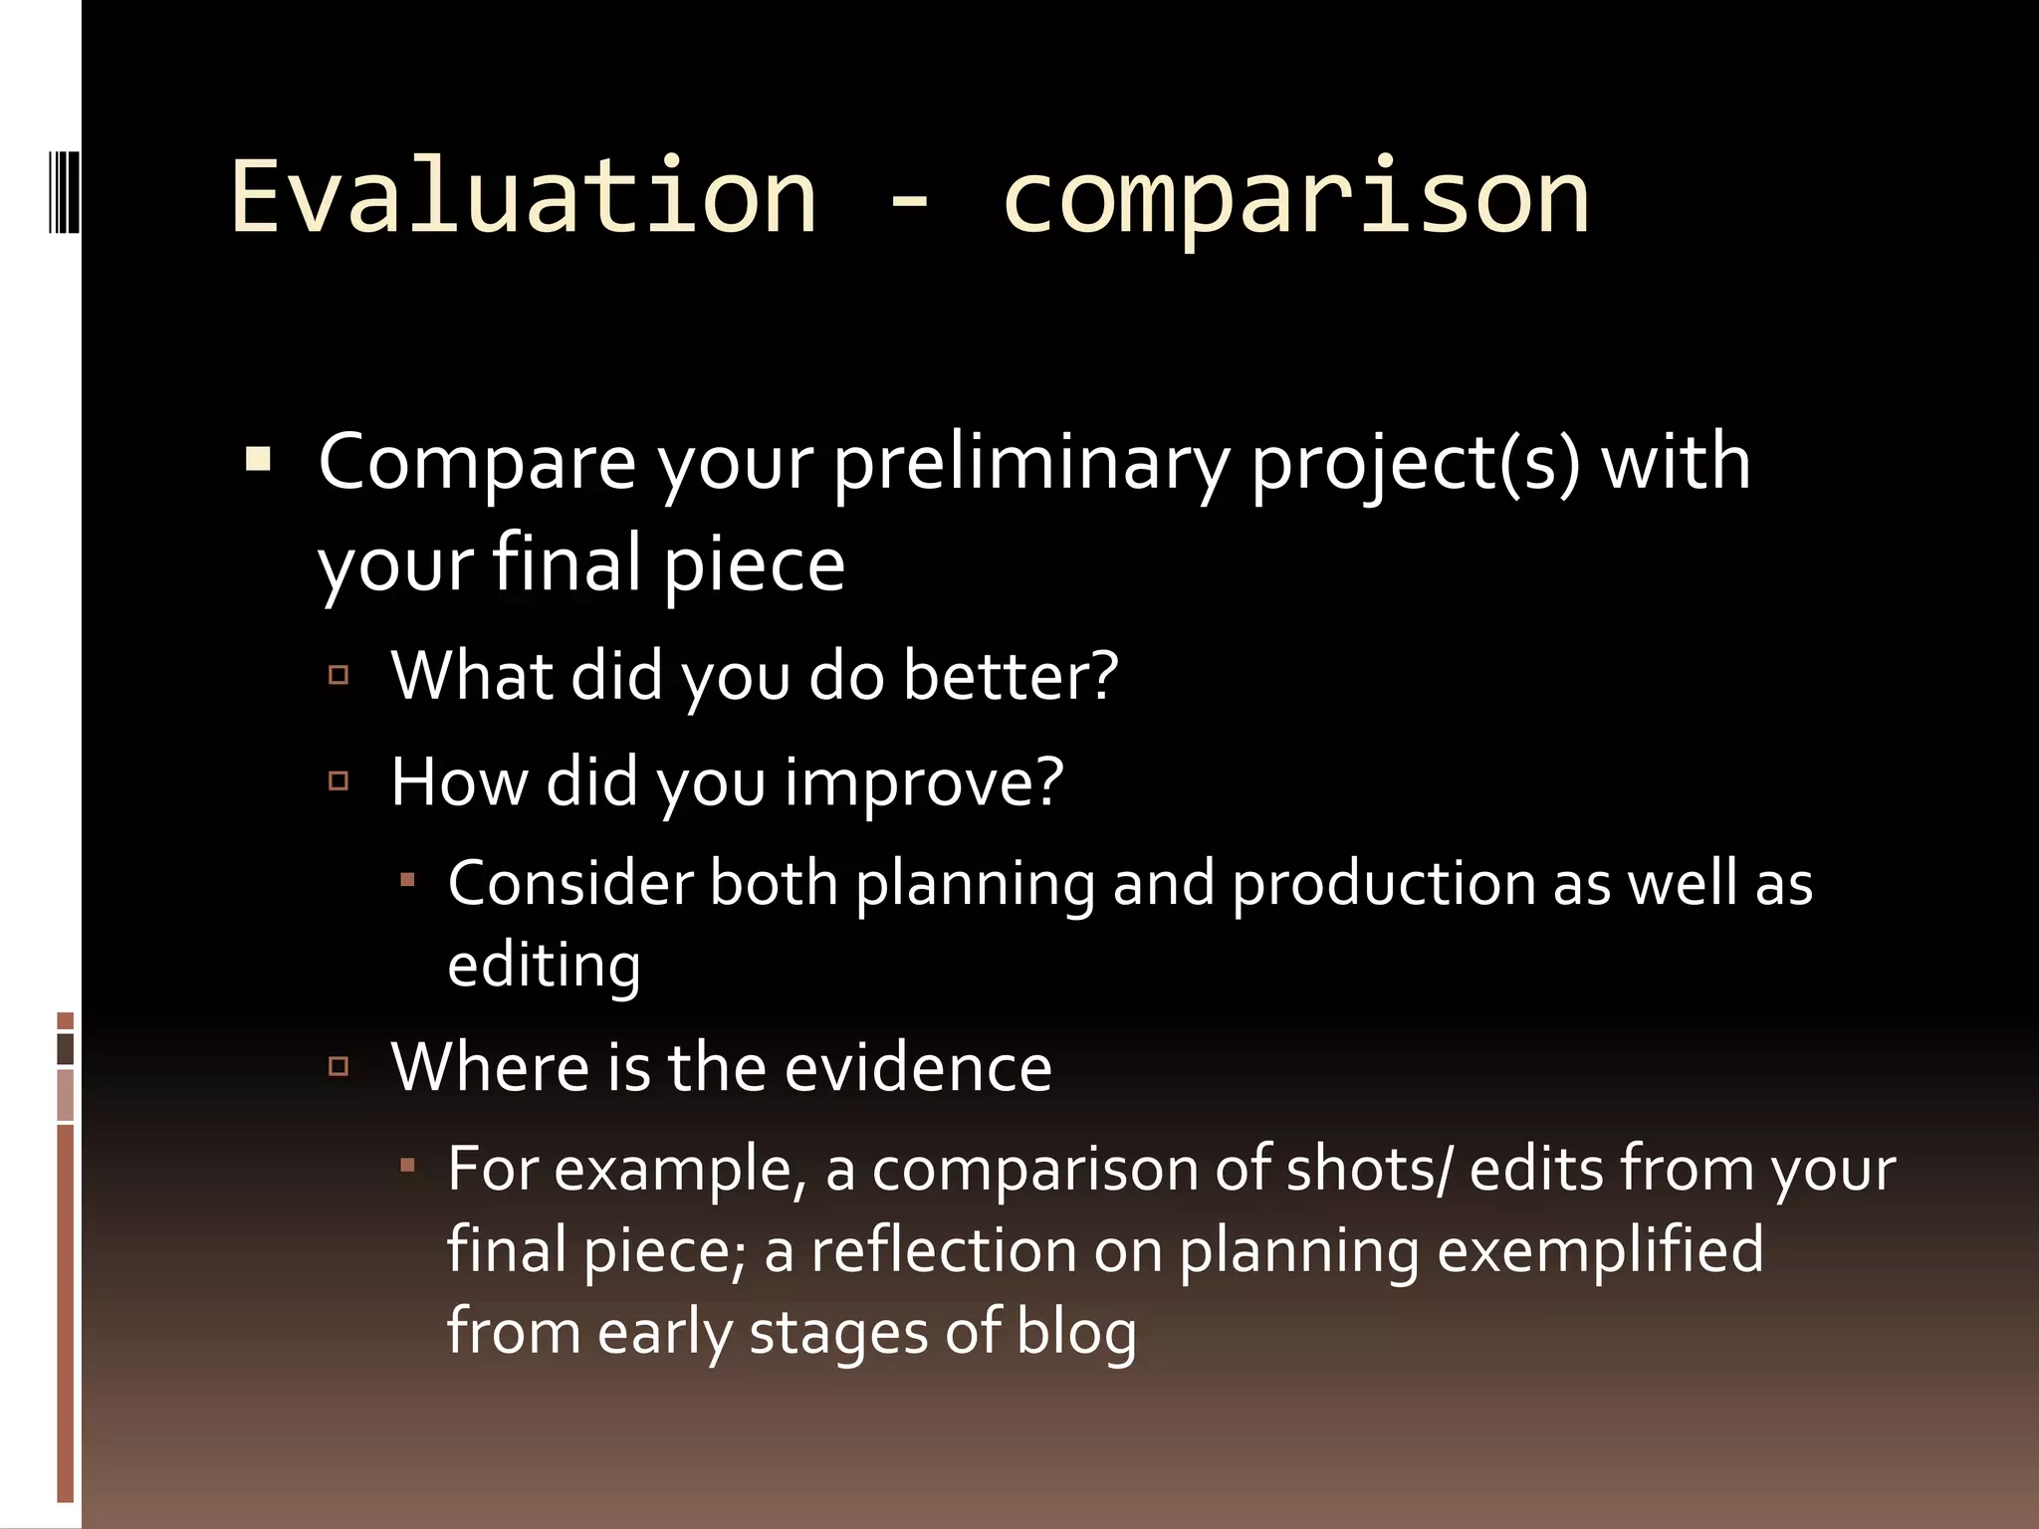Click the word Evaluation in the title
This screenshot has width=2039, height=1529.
(524, 196)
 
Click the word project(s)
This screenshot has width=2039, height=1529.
(1415, 463)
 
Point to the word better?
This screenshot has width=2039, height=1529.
(1011, 676)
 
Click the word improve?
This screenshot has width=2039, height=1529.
(924, 782)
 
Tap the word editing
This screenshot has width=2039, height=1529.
(544, 966)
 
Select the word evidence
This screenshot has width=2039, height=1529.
(918, 1067)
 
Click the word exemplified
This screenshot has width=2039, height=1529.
(1600, 1250)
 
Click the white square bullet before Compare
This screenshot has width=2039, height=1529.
(258, 461)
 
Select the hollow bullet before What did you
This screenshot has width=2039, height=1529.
(339, 676)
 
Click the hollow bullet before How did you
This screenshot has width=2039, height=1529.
(339, 781)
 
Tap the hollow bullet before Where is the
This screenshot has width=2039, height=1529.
(339, 1067)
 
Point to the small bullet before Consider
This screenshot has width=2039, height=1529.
(407, 880)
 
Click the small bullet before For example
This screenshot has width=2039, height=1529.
(407, 1163)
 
